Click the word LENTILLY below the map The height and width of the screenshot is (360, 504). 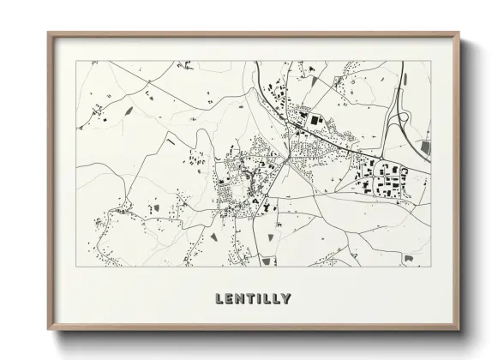[x=253, y=299]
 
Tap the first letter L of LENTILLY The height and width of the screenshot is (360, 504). [x=220, y=299]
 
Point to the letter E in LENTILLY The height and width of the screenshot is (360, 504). [x=230, y=299]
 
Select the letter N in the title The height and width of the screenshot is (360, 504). [x=240, y=299]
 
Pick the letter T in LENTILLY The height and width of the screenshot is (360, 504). [x=250, y=299]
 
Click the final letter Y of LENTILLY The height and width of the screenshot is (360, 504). [x=285, y=299]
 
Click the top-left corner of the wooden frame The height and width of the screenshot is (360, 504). [x=49, y=33]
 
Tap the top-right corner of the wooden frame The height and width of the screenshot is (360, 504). [x=459, y=33]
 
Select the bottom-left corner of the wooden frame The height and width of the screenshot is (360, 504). [x=49, y=331]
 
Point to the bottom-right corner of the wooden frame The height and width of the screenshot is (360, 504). [x=459, y=331]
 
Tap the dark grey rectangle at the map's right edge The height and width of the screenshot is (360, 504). [x=426, y=147]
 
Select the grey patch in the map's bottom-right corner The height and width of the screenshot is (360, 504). [x=410, y=257]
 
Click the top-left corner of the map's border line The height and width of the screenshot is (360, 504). [x=76, y=61]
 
